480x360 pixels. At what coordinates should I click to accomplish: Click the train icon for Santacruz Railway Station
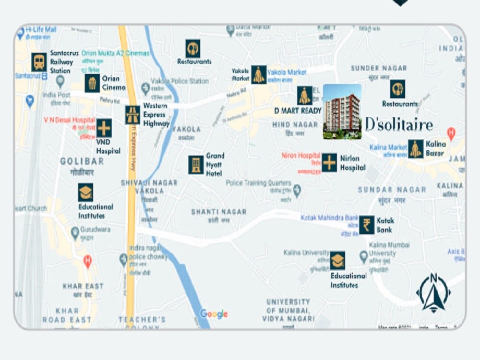click(x=39, y=62)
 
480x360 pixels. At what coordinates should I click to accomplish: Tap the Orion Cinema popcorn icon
click(x=92, y=83)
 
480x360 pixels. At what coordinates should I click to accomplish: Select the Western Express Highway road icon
click(x=132, y=115)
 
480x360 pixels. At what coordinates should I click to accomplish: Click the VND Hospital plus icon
click(x=104, y=128)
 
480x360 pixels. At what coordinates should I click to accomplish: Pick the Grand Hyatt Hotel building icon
click(x=196, y=165)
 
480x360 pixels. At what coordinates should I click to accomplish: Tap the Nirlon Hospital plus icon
click(x=329, y=163)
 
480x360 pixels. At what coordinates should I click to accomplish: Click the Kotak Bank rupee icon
click(x=367, y=225)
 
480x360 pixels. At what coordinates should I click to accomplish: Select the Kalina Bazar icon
click(x=416, y=149)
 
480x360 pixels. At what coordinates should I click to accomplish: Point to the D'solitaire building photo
click(x=342, y=112)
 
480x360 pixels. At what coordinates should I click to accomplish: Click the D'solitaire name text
click(x=399, y=125)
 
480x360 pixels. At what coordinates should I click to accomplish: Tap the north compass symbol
click(x=433, y=292)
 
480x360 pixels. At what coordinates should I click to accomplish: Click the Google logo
click(x=214, y=314)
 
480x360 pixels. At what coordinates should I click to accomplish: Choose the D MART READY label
click(x=298, y=110)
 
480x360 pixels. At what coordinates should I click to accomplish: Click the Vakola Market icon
click(x=259, y=74)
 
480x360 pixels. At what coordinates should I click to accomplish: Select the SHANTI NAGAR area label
click(x=218, y=212)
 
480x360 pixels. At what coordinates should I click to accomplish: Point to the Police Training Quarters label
click(x=258, y=183)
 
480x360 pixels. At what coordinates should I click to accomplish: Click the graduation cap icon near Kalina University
click(x=337, y=261)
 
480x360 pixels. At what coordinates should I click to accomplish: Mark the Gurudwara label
click(x=95, y=229)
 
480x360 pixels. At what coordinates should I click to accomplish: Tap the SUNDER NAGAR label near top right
click(x=379, y=68)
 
